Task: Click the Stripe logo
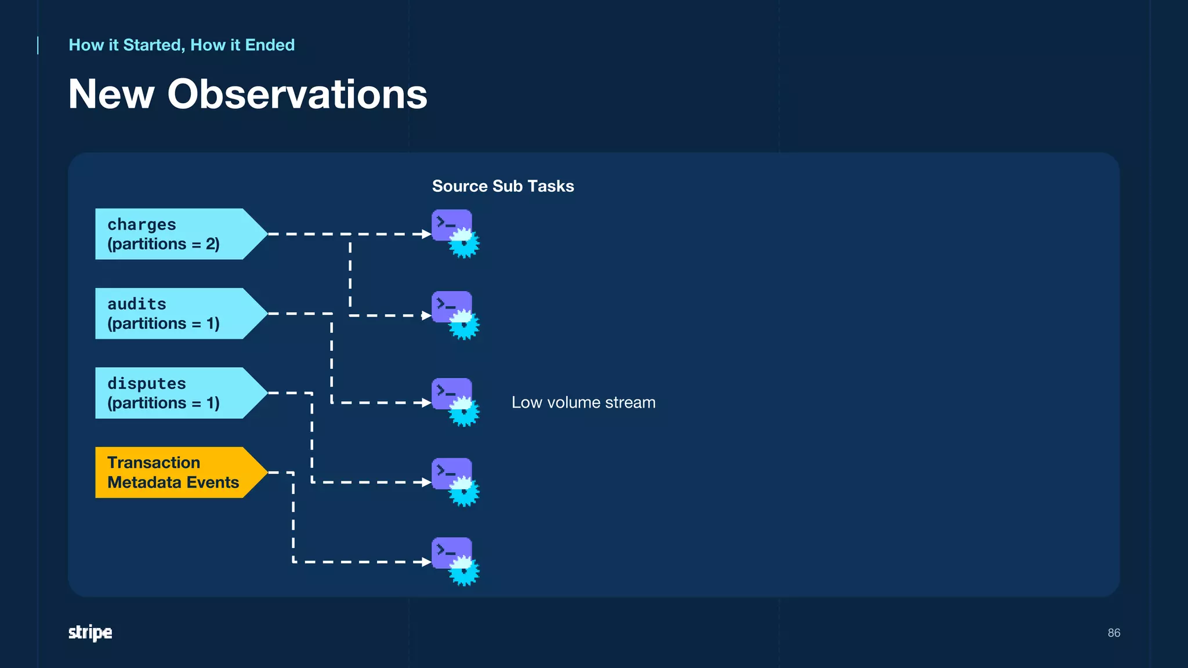point(90,632)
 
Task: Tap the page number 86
point(1113,633)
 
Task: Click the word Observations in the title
point(297,94)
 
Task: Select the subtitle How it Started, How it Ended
point(182,45)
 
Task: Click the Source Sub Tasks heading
point(502,186)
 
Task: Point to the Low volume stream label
point(583,402)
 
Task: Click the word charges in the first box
point(142,224)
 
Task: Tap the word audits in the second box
point(137,304)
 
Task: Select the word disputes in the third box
point(147,383)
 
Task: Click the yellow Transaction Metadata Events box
point(174,472)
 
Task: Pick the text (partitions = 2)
point(164,244)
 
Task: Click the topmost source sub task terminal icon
point(451,226)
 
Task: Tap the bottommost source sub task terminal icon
point(451,553)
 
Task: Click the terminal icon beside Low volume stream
point(451,394)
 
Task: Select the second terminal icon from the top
point(451,307)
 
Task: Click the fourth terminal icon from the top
point(451,474)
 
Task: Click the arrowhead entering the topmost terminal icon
point(426,234)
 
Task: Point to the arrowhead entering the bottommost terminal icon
point(426,562)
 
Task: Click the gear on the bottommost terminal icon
point(463,571)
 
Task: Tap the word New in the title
point(111,94)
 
